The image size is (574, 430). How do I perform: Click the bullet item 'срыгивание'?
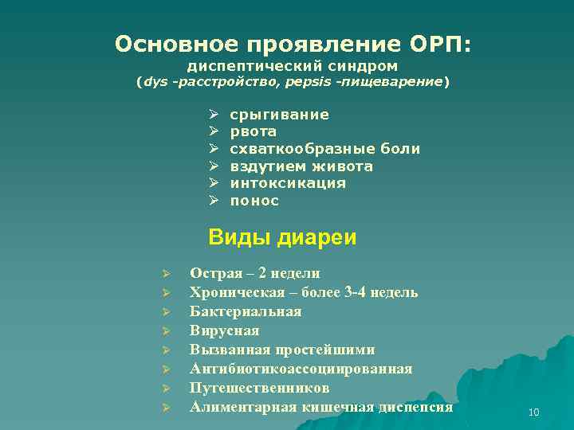tap(279, 115)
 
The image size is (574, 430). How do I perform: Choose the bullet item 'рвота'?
tap(253, 132)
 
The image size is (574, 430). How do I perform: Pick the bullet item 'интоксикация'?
tap(288, 183)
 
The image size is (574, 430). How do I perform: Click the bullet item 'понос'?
tap(254, 201)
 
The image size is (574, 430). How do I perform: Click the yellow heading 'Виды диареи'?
tap(281, 237)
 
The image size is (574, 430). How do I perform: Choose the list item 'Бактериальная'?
tap(246, 311)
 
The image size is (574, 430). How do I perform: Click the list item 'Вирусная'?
tap(224, 330)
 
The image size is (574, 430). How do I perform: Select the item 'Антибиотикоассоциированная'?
tap(301, 369)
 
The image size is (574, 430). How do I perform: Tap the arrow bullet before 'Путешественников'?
tap(162, 389)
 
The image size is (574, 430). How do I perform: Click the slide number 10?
tap(533, 412)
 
